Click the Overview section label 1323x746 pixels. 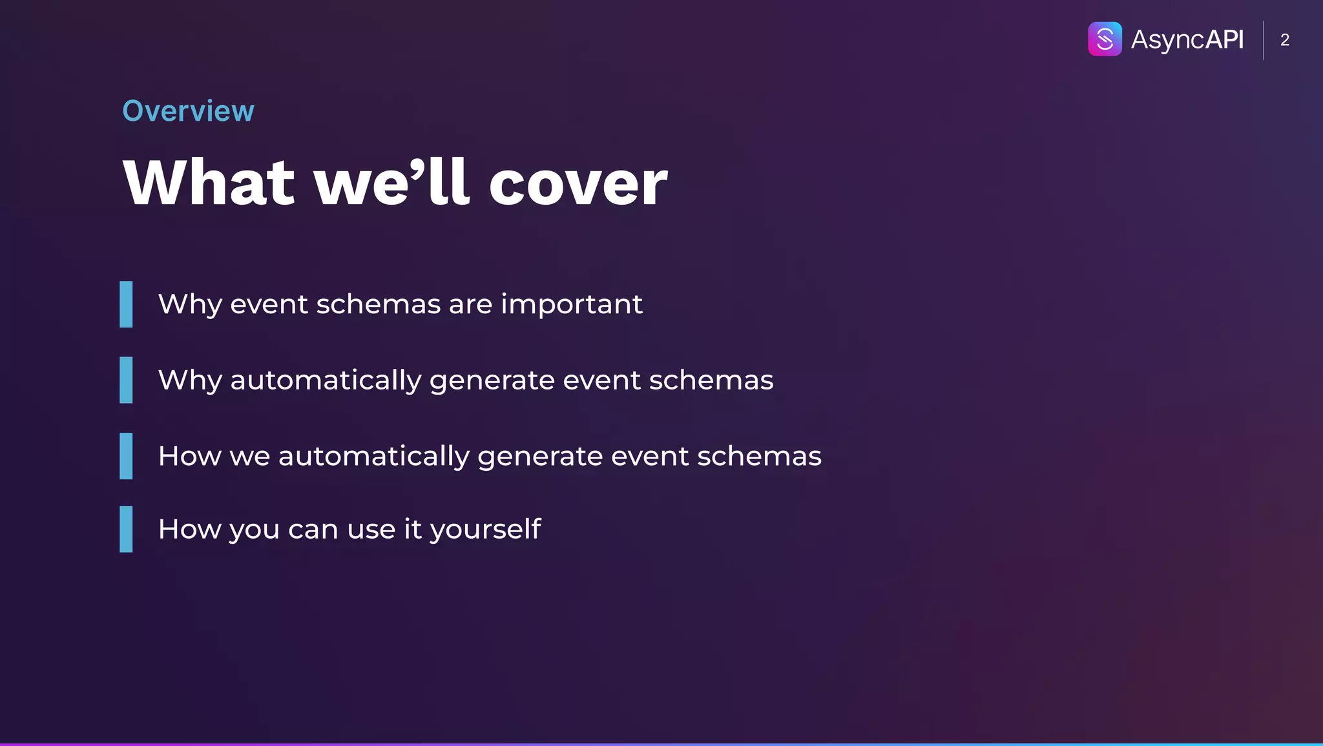click(188, 111)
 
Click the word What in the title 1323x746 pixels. click(209, 183)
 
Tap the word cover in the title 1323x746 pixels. click(578, 183)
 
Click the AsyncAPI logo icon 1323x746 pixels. click(1105, 39)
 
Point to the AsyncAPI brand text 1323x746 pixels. click(1187, 39)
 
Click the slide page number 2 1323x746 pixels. click(1284, 40)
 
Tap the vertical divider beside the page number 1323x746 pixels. click(1264, 40)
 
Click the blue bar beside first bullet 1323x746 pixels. click(126, 304)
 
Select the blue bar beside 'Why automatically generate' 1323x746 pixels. click(126, 380)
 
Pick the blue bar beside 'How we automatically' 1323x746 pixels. click(126, 456)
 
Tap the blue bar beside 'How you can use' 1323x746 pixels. click(126, 529)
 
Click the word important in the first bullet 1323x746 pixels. click(571, 304)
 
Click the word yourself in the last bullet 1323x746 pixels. click(485, 530)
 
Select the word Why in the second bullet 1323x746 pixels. click(190, 380)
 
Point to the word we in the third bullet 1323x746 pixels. click(249, 457)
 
